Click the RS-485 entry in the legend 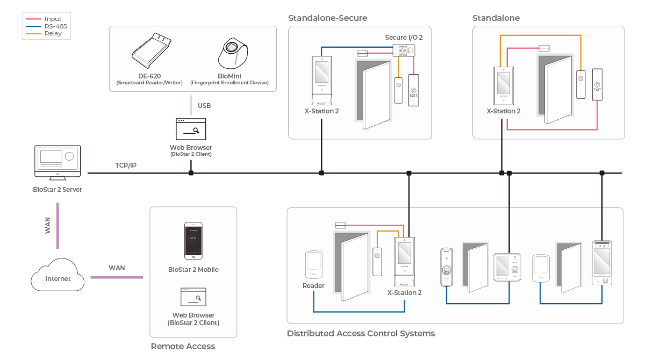tap(55, 26)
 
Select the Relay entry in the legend tap(53, 33)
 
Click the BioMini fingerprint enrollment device tap(232, 54)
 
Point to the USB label tap(204, 106)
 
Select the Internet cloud tap(58, 275)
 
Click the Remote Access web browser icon tap(193, 297)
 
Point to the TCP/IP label tap(126, 165)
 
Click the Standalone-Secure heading tap(327, 18)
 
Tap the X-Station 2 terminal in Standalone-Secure tap(321, 81)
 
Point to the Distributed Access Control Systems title tap(361, 334)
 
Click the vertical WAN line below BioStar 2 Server tap(58, 226)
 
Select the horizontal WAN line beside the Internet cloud tap(117, 277)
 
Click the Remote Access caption tap(183, 347)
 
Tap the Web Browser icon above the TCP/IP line tap(191, 129)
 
